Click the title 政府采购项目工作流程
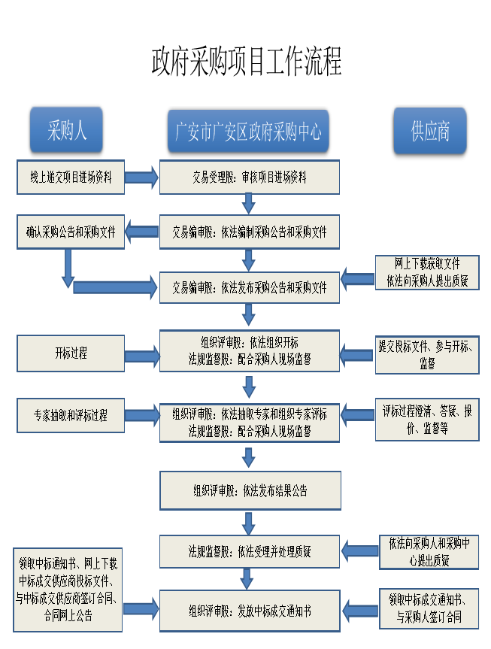coord(247,62)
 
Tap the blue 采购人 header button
coord(66,130)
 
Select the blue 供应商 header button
coord(430,131)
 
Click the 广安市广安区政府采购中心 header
coord(248,131)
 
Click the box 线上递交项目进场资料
coord(71,177)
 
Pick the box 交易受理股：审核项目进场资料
coord(250,177)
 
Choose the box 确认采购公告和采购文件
coord(71,232)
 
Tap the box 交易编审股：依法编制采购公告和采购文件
coord(250,232)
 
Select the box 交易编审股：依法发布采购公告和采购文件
coord(250,287)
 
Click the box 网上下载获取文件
coord(427,272)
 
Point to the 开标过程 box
coord(71,353)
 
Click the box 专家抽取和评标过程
coord(71,415)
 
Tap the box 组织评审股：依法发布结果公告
coord(250,490)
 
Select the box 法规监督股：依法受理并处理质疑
coord(250,551)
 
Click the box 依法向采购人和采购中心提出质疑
coord(429,552)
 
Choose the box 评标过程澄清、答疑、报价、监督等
coord(427,420)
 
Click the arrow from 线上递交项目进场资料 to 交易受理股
coord(141,177)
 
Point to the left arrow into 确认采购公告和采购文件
coord(141,232)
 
